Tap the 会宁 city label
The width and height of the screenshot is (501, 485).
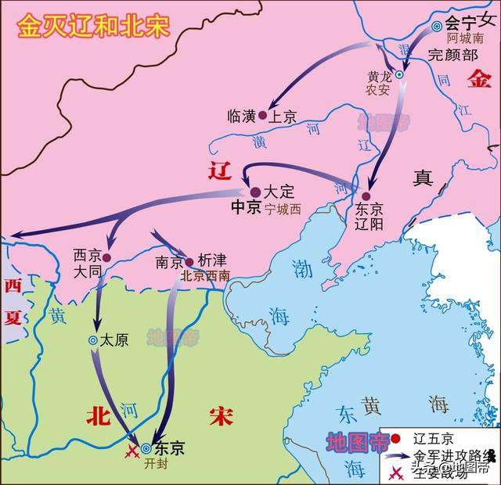461,23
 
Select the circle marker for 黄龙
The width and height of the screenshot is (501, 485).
398,75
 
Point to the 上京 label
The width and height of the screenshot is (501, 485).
283,117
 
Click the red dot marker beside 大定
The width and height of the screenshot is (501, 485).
255,191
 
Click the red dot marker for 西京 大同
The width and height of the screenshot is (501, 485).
106,257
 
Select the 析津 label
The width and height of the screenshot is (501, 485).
213,262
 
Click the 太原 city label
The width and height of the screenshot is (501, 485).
114,340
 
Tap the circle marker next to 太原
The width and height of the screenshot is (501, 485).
93,340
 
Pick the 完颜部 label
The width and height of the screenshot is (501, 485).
449,54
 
